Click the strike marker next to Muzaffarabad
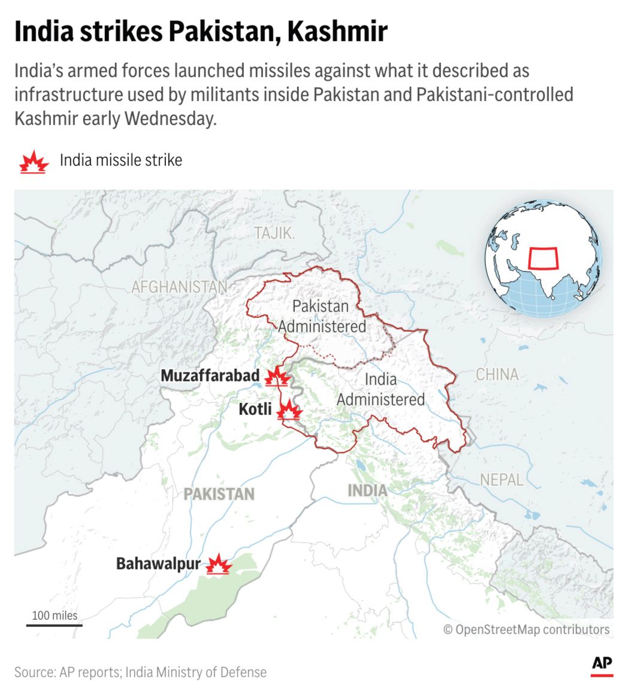[x=277, y=378]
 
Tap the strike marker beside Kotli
[x=288, y=411]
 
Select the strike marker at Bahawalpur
[x=219, y=565]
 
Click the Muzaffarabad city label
[x=210, y=376]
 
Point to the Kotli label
[x=255, y=410]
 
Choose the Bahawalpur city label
[x=158, y=563]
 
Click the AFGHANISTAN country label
[x=179, y=287]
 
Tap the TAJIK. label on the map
[x=274, y=233]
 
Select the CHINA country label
[x=497, y=375]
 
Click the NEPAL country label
[x=502, y=480]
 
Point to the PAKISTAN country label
[x=219, y=494]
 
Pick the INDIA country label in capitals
[x=367, y=490]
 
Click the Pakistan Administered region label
[x=321, y=316]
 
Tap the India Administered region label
[x=381, y=389]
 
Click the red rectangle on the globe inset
[x=542, y=258]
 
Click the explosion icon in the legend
[x=34, y=162]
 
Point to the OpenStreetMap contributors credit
[x=526, y=629]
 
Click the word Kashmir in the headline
[x=337, y=31]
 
